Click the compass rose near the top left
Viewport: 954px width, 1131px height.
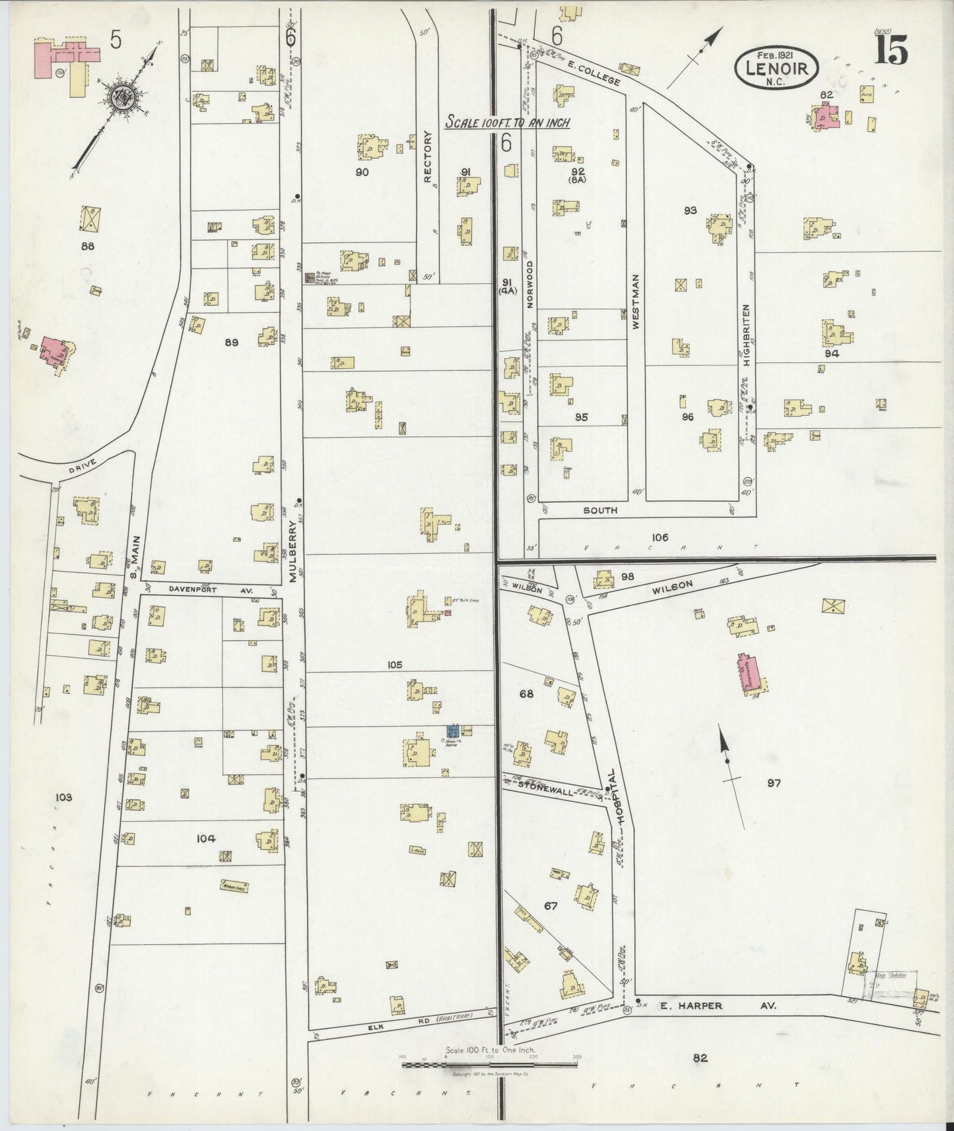(124, 101)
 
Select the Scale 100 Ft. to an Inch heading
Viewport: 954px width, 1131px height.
(507, 122)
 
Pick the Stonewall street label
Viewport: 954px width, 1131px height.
(543, 785)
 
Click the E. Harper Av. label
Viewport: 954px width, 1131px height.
(718, 1006)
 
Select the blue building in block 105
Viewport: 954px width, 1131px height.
(452, 730)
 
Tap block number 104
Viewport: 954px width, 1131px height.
(206, 839)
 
